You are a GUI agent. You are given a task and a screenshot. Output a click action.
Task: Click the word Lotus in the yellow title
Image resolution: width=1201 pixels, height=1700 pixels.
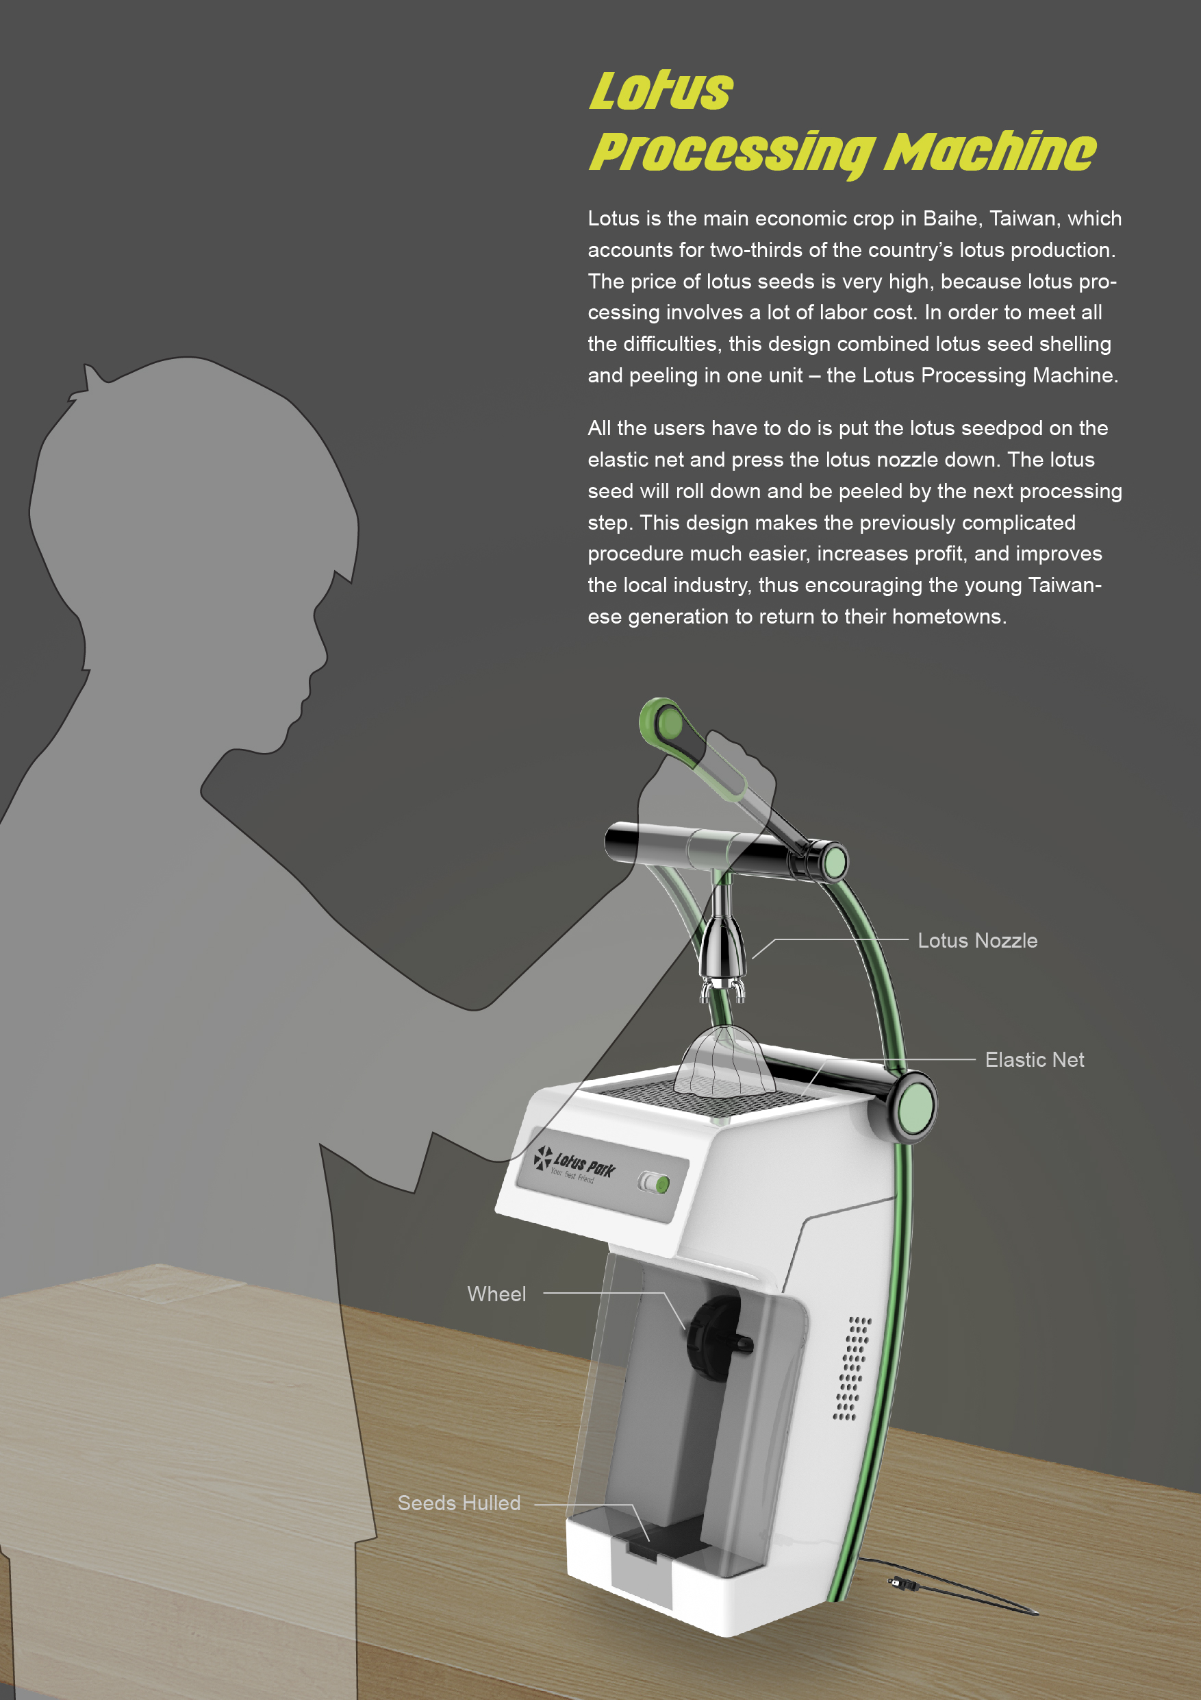pos(661,91)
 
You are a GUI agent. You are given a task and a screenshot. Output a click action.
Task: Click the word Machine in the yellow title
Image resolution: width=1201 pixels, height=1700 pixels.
pos(990,153)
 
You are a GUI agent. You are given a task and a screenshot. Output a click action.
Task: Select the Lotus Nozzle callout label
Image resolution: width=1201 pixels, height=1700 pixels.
pos(977,940)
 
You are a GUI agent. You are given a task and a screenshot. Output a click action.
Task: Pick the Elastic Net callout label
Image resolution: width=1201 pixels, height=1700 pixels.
pos(1034,1059)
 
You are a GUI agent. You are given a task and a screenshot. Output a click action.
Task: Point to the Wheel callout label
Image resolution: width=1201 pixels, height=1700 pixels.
pos(496,1294)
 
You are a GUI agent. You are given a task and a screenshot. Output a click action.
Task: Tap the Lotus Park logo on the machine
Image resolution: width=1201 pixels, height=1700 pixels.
pos(574,1164)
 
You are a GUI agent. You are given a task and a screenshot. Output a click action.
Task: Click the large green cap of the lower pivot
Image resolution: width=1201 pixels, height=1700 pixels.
pos(915,1107)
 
